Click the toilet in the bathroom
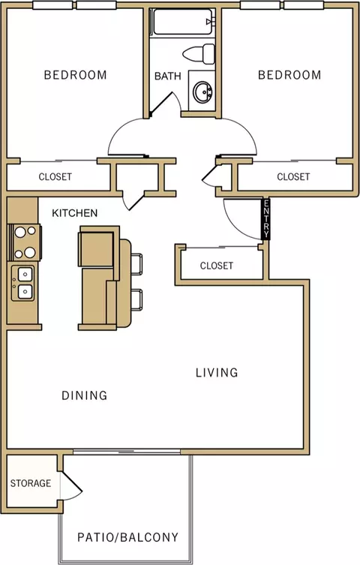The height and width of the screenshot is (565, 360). (x=199, y=54)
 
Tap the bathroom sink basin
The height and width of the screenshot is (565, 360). (x=202, y=92)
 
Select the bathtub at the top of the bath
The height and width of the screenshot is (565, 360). (x=182, y=22)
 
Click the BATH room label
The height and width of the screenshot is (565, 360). (x=168, y=77)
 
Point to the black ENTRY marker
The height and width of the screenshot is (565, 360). (x=266, y=218)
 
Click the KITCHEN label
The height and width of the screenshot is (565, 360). (x=74, y=213)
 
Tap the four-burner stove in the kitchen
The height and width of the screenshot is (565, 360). (x=25, y=242)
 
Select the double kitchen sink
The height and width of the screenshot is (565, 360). (x=23, y=283)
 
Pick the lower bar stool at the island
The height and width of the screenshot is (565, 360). (x=136, y=299)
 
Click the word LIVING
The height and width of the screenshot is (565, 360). (x=217, y=373)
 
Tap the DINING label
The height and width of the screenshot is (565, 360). (x=85, y=395)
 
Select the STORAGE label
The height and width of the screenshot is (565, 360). (x=31, y=483)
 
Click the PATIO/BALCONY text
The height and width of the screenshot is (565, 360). (x=127, y=538)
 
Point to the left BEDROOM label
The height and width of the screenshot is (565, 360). (x=75, y=75)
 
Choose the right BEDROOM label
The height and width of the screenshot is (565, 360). (x=289, y=75)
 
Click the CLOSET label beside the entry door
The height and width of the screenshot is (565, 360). (x=216, y=266)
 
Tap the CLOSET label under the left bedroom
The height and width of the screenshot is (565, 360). (x=55, y=177)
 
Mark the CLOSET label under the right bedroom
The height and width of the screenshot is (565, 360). (x=293, y=176)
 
